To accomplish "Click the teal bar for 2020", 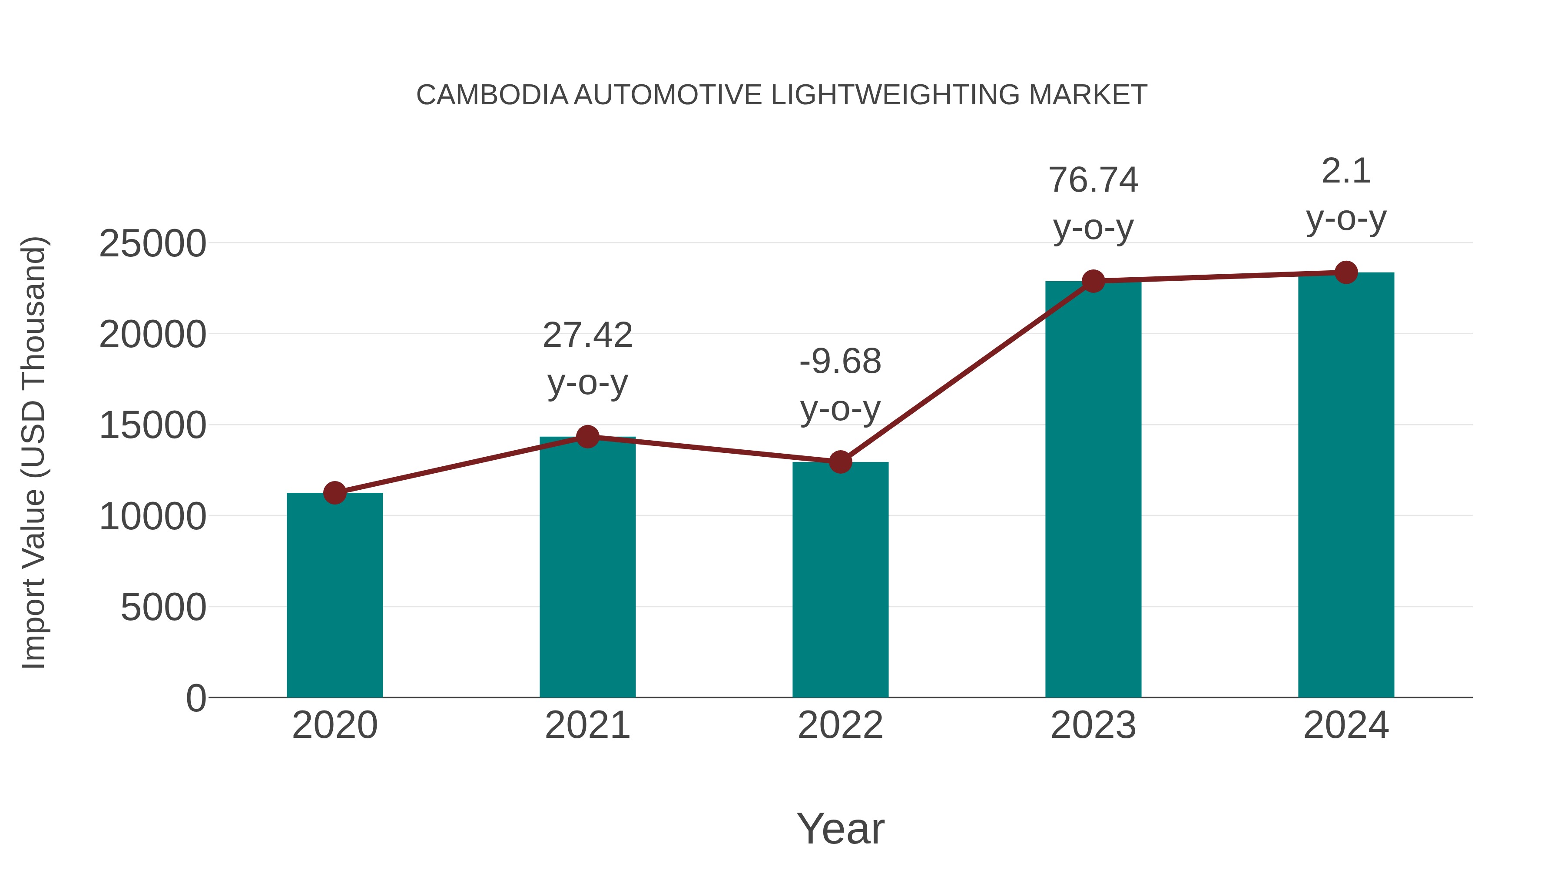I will click(x=335, y=595).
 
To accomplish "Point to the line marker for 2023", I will click(x=1093, y=281).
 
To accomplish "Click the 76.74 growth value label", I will click(x=1093, y=180).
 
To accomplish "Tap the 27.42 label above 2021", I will click(x=588, y=335).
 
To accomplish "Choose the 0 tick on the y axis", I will click(x=196, y=698).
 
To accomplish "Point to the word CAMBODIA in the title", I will click(x=492, y=95).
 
